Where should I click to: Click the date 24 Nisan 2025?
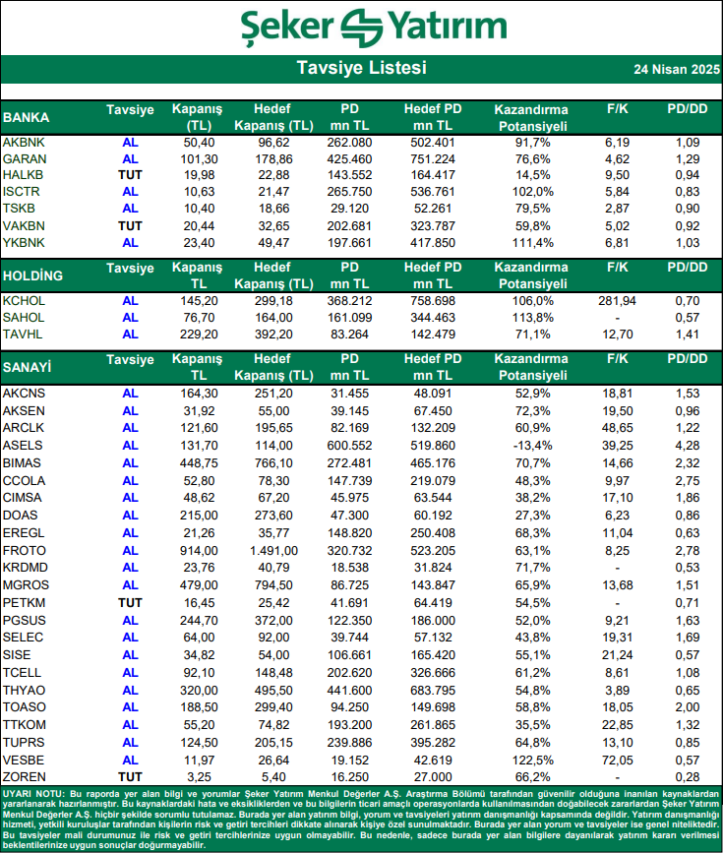[x=676, y=71]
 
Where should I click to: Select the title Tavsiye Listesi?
[x=361, y=69]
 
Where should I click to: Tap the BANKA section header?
[x=27, y=117]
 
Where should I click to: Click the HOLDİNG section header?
[x=33, y=275]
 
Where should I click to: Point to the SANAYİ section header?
[x=28, y=367]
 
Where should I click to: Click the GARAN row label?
[x=25, y=159]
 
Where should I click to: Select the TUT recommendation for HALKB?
[x=130, y=175]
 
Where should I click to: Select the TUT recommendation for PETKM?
[x=130, y=602]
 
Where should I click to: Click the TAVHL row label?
[x=24, y=335]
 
